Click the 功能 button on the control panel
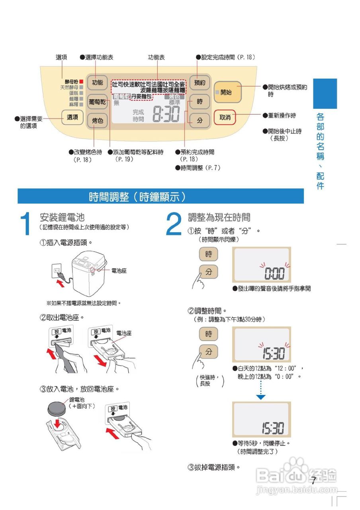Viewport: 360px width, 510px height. click(97, 83)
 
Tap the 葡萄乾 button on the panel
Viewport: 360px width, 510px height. click(97, 102)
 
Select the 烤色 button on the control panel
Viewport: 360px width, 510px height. click(97, 120)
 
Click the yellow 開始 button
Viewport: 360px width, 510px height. click(227, 92)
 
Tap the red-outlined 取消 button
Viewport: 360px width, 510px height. click(225, 118)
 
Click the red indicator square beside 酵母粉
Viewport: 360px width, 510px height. click(81, 81)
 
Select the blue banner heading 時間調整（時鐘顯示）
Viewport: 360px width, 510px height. click(137, 196)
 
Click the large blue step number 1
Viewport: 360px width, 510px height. click(25, 224)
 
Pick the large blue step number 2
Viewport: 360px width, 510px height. click(173, 224)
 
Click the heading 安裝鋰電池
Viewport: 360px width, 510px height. click(62, 218)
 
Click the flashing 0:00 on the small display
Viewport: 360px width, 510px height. click(274, 274)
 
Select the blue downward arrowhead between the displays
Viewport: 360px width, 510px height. click(260, 397)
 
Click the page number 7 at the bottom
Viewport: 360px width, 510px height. click(313, 481)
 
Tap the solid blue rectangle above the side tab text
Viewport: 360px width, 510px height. click(325, 94)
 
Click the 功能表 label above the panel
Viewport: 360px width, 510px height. click(156, 57)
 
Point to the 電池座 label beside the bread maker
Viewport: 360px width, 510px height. click(119, 271)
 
